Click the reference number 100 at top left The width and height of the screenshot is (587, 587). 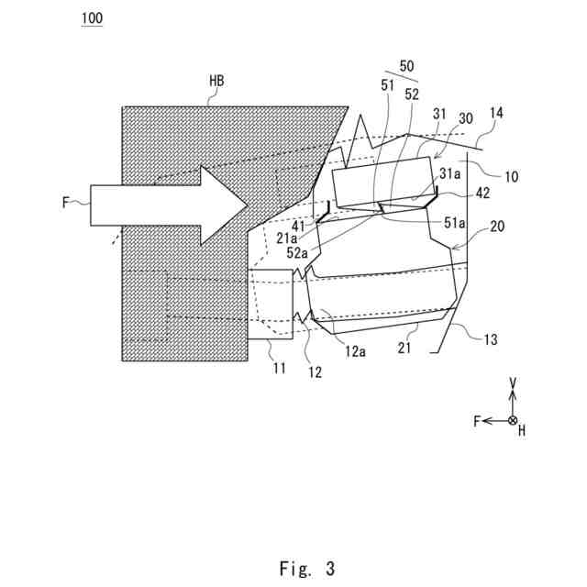pos(92,19)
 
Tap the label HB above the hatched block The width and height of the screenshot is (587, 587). pos(216,83)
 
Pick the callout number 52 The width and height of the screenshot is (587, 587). pos(412,93)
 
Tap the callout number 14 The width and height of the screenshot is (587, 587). pos(496,114)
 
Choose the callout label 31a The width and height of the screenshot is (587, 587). pos(449,172)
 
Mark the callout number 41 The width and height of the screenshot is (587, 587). pos(300,225)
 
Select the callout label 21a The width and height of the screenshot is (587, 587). pos(302,238)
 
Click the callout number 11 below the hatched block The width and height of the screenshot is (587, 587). pos(279,369)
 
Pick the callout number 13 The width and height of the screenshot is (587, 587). pos(491,339)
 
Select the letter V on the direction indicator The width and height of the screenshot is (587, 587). pos(513,382)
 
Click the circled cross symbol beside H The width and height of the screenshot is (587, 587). pos(513,420)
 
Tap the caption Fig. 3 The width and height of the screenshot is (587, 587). pos(307,569)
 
